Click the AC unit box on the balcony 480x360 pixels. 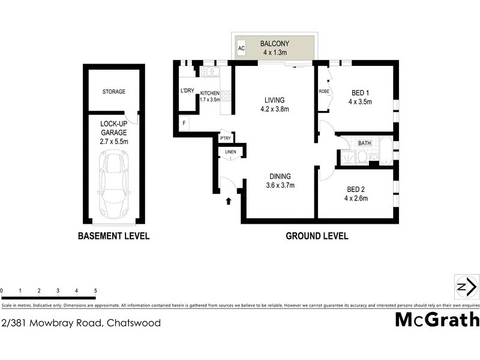click(x=241, y=48)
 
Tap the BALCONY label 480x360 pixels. click(x=275, y=44)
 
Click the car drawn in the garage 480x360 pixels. click(x=114, y=185)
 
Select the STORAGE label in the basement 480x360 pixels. click(x=113, y=92)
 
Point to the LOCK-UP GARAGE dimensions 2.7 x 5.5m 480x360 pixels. click(x=113, y=142)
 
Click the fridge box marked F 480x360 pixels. click(x=184, y=124)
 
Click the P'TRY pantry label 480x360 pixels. click(x=226, y=139)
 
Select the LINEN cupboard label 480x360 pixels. click(x=231, y=152)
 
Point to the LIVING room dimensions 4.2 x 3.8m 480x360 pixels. click(x=275, y=109)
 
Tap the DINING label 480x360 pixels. click(x=280, y=176)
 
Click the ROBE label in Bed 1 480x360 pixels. click(x=324, y=92)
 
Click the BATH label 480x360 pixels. click(x=364, y=143)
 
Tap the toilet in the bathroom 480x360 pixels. click(x=361, y=158)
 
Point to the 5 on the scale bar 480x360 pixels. click(x=95, y=290)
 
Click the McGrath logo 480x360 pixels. click(x=437, y=319)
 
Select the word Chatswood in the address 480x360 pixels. click(x=133, y=323)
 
